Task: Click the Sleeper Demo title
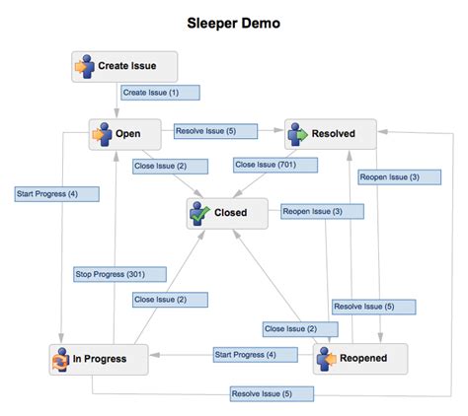coord(233,21)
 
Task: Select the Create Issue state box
coord(126,67)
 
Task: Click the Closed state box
coord(227,212)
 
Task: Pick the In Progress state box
coord(99,359)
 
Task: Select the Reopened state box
coord(361,358)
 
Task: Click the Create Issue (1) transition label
coord(159,92)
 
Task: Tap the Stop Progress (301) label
coord(110,273)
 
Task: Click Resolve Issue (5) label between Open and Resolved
coord(214,130)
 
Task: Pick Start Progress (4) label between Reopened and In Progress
coord(244,354)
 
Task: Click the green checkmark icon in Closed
coord(201,212)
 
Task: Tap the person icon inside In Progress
coord(60,359)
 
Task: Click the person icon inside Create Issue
coord(83,67)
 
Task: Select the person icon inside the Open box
coord(100,134)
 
